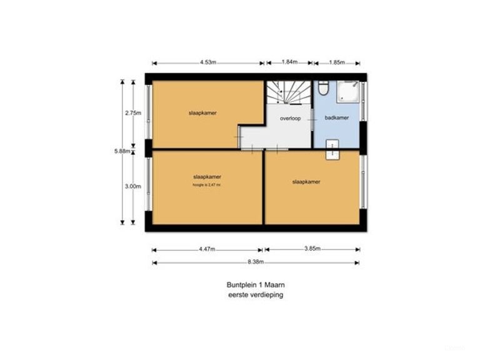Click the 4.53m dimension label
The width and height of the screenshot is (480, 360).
tap(208, 62)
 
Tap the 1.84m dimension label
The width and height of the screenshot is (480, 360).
tap(289, 62)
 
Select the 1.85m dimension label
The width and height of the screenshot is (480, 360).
tap(336, 62)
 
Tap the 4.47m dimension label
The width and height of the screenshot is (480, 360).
tap(207, 249)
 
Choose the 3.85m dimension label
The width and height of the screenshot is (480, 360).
tap(312, 249)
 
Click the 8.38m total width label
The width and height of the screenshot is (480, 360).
tap(256, 262)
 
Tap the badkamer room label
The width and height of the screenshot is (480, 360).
tap(337, 117)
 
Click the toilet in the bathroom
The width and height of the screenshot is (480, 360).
tap(322, 88)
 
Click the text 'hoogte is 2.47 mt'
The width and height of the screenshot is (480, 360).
tap(207, 185)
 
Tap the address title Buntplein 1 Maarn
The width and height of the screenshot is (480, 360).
tap(256, 284)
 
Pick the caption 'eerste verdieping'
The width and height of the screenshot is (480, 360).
tap(256, 294)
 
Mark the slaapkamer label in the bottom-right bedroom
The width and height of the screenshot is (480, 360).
tap(306, 182)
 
